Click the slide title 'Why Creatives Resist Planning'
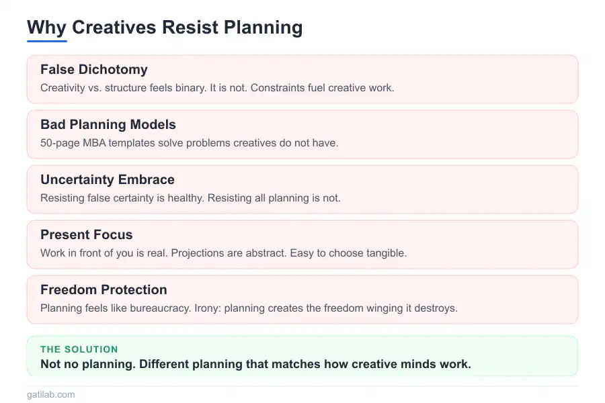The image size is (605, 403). pyautogui.click(x=165, y=28)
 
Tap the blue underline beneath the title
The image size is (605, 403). pyautogui.click(x=47, y=41)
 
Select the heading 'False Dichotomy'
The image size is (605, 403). pyautogui.click(x=94, y=69)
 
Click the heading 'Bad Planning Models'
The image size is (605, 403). pyautogui.click(x=108, y=124)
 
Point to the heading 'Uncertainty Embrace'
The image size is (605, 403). pyautogui.click(x=108, y=179)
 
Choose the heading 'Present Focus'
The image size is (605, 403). pyautogui.click(x=87, y=234)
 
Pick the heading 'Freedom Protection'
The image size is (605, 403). pyautogui.click(x=104, y=289)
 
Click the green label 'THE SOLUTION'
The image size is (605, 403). pyautogui.click(x=79, y=349)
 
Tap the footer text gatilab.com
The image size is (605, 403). pyautogui.click(x=51, y=394)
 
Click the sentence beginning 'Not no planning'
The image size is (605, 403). pyautogui.click(x=255, y=364)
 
